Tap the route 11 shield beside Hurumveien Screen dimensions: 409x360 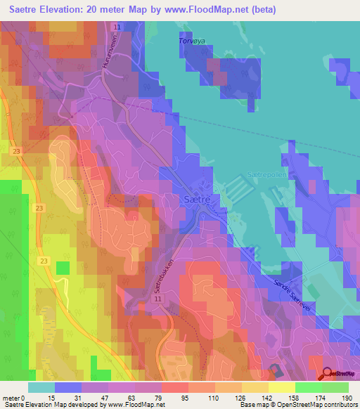click(x=117, y=27)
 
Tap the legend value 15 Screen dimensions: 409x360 click(x=41, y=397)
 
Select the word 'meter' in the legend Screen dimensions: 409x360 click(x=13, y=397)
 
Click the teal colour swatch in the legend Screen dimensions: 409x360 click(x=41, y=387)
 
